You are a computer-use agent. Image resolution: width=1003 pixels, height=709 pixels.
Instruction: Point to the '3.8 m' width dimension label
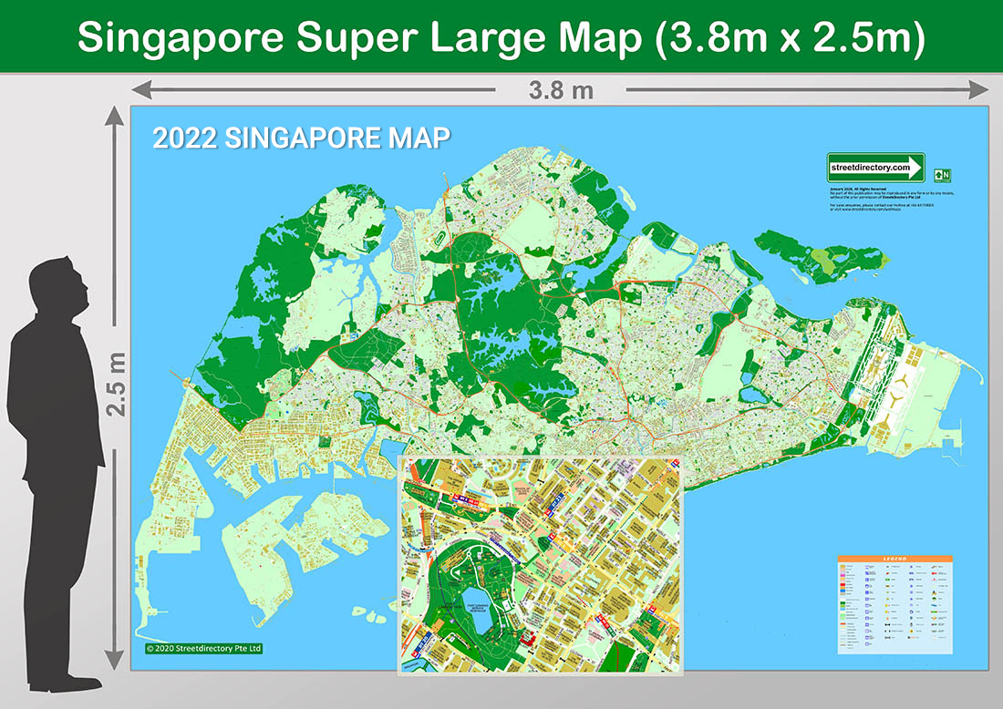(561, 90)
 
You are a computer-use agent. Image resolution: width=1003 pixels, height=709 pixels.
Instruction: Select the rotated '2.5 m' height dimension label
(117, 384)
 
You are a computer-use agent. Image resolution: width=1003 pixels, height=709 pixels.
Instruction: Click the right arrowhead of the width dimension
(980, 89)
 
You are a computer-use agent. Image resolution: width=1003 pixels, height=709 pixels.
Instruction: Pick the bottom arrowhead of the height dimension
(114, 660)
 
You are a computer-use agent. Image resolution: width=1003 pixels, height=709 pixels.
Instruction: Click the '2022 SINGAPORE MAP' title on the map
(301, 139)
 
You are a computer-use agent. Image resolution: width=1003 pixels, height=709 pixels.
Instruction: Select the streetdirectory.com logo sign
(875, 167)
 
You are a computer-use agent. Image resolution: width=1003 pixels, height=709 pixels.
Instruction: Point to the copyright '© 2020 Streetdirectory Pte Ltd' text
(203, 649)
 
